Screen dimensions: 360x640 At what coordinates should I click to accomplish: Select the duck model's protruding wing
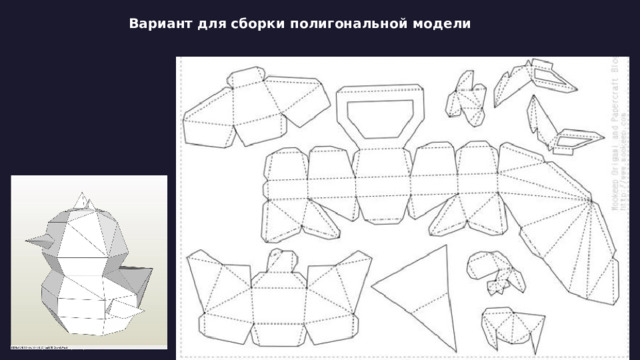tap(121, 300)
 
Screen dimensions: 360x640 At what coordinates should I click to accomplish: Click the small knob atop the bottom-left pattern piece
tap(283, 261)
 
